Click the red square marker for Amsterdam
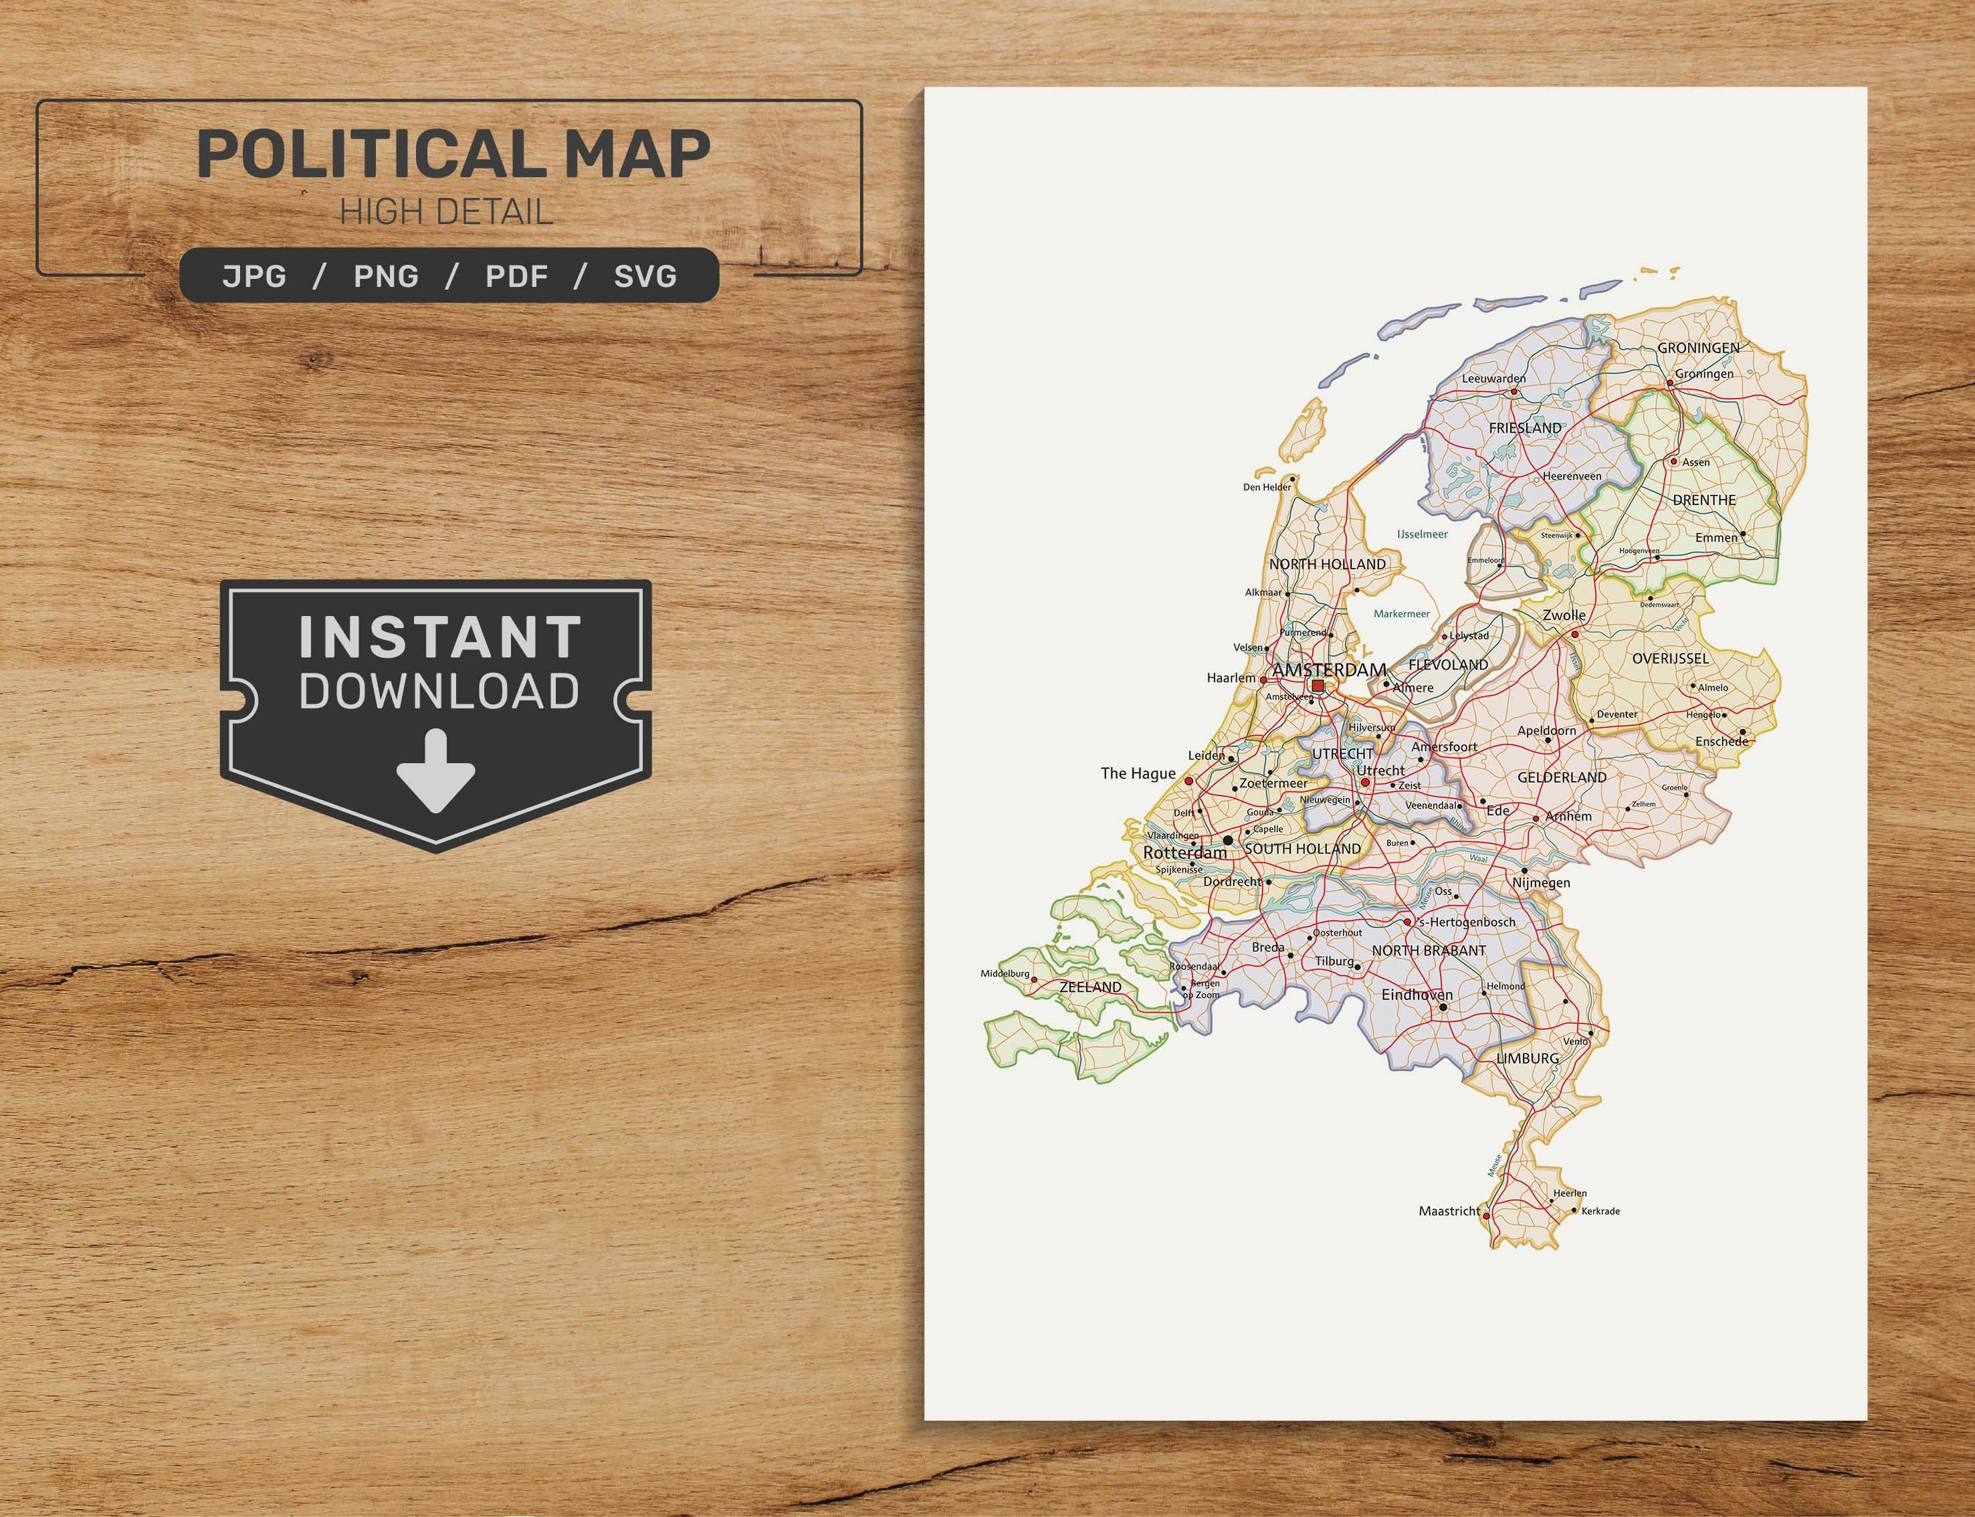1317,686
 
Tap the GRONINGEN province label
1698,348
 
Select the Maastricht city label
1449,1211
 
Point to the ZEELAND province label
1090,987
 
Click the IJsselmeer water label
1422,534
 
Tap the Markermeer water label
1401,614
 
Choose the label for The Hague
1138,773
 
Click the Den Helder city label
1267,488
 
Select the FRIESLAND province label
1525,428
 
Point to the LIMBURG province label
1528,1057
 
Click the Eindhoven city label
1417,995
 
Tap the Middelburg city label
1005,975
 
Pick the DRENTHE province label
1703,500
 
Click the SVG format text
645,276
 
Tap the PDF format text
516,276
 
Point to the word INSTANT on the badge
441,637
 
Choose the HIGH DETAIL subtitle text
446,213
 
